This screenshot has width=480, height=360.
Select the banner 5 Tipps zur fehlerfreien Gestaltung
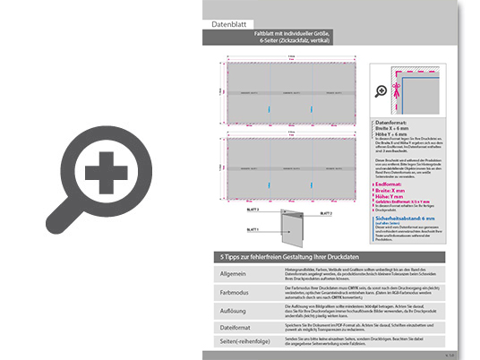coord(293,257)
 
